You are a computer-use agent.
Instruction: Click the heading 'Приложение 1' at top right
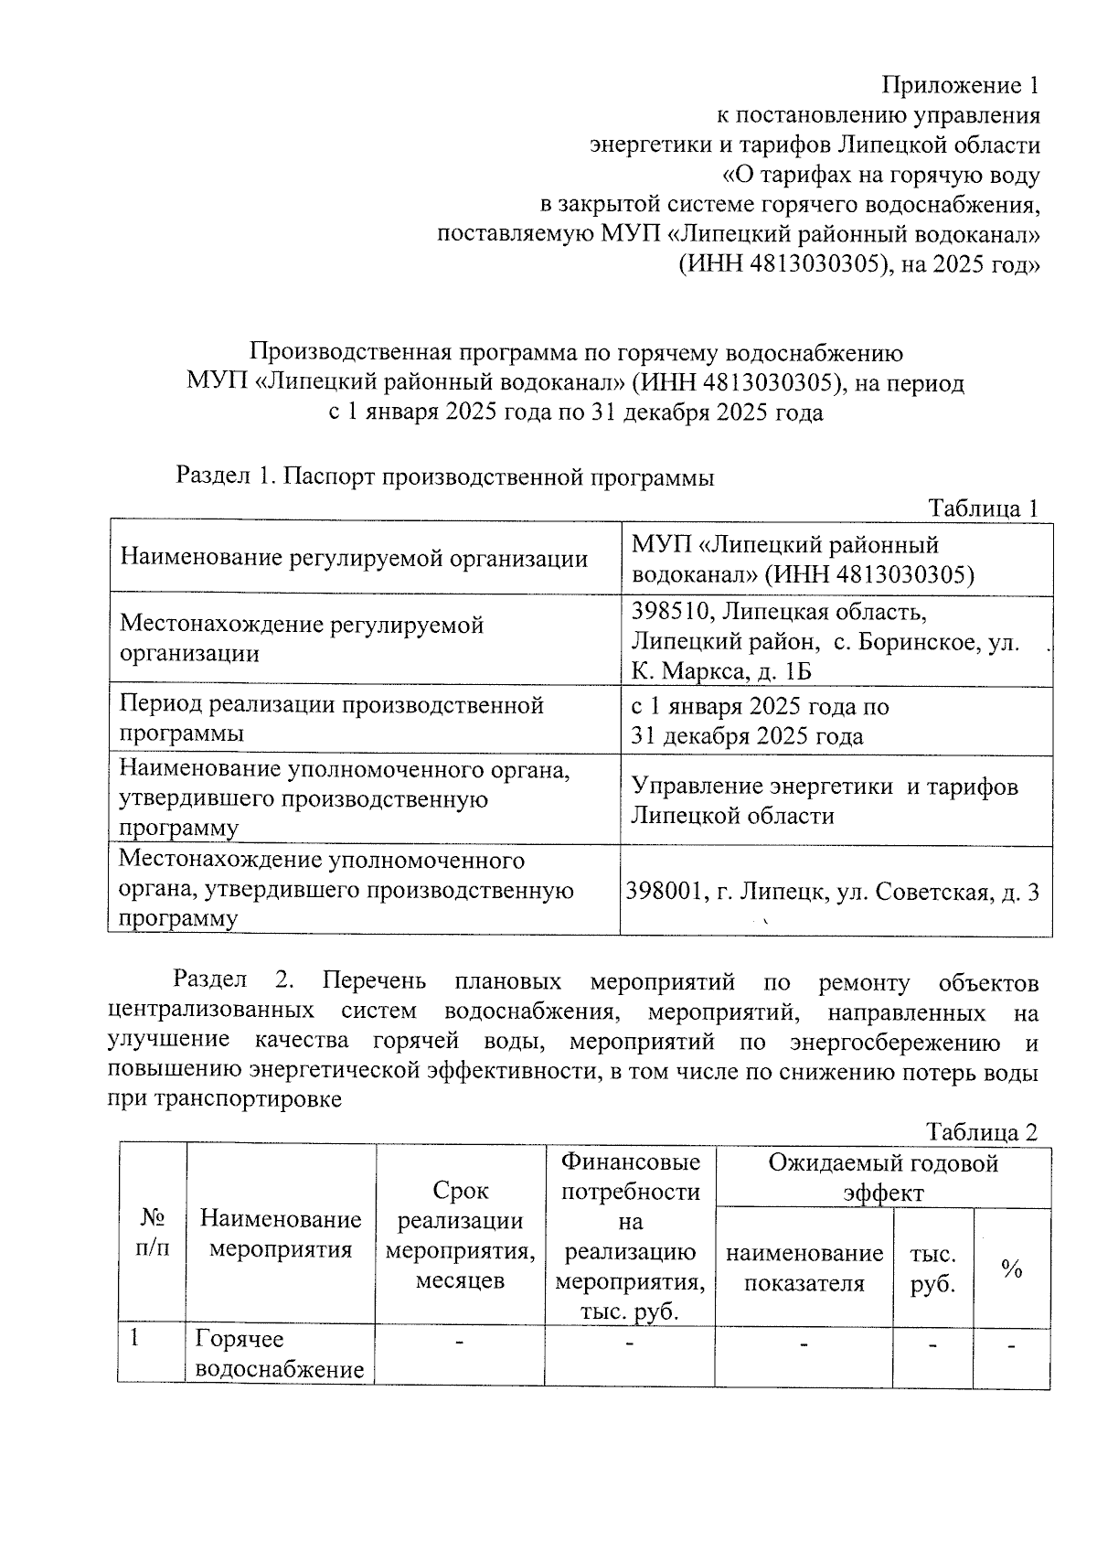960,86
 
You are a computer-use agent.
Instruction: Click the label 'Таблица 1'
983,508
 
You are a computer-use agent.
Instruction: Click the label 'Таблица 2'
982,1132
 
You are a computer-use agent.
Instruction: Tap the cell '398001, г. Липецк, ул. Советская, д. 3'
833,891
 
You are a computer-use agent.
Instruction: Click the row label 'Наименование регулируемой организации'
355,558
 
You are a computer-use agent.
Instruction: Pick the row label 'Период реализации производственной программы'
332,719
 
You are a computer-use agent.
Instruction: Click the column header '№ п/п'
153,1233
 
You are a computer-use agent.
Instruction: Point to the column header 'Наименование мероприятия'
281,1234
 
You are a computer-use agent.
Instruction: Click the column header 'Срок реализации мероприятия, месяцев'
461,1234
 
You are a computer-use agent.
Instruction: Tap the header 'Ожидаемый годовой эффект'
883,1178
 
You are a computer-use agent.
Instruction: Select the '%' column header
1011,1268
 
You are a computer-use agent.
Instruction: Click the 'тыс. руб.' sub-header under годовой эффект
932,1268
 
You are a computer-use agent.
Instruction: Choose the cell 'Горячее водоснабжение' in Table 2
280,1354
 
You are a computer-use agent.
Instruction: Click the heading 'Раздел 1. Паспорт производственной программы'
444,476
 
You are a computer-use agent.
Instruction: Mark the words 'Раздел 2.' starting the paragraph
233,982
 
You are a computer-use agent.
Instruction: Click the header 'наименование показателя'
804,1268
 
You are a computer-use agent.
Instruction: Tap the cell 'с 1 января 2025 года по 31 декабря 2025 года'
760,721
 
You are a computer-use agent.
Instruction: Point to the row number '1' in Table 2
134,1339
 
